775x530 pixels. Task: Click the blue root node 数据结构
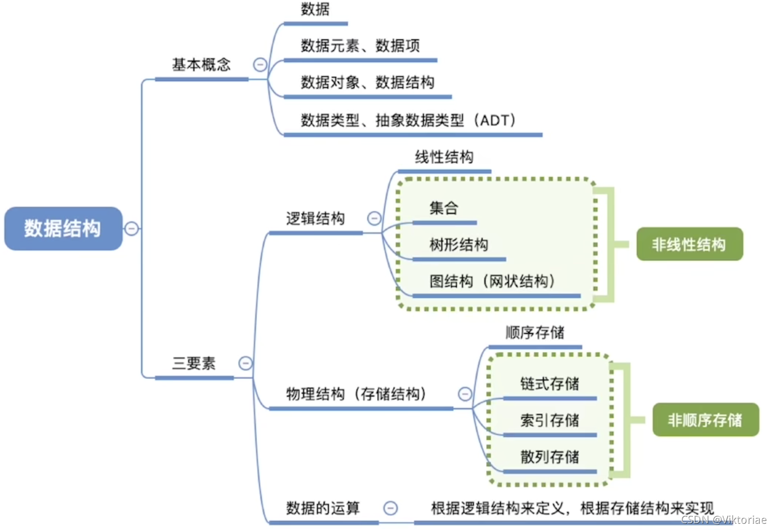click(x=63, y=228)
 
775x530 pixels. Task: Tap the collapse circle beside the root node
click(x=131, y=228)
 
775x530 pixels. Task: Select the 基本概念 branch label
click(x=201, y=65)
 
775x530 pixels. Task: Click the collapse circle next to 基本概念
click(x=260, y=64)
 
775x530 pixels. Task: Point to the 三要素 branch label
click(x=194, y=364)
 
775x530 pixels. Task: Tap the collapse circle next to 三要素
click(x=246, y=363)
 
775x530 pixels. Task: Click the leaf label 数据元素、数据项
click(x=360, y=46)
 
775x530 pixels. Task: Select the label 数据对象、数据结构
click(x=367, y=83)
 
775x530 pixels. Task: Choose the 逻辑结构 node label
click(x=315, y=219)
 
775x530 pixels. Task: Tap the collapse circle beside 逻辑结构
click(x=374, y=218)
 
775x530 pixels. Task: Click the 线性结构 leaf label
click(x=444, y=157)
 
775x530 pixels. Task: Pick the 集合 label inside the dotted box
click(x=444, y=208)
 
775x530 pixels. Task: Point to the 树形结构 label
click(x=458, y=245)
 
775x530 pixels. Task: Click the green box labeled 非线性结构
click(x=689, y=244)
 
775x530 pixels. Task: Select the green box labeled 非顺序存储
click(x=705, y=420)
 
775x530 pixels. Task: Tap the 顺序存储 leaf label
click(x=535, y=333)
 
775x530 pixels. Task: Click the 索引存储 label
click(x=549, y=421)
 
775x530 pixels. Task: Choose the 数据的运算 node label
click(x=323, y=509)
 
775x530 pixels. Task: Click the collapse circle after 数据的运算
click(x=390, y=508)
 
